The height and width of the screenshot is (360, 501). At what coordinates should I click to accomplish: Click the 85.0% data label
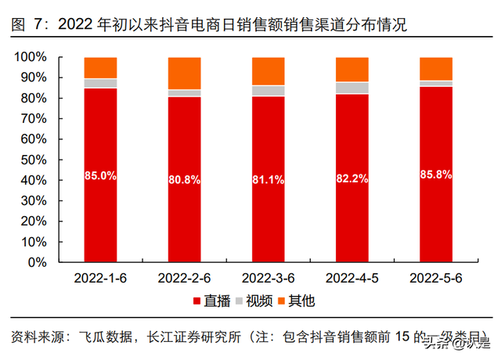(x=100, y=176)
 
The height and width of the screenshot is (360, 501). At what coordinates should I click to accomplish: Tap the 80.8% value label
(x=184, y=179)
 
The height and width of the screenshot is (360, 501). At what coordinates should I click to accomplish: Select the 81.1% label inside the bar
(x=268, y=179)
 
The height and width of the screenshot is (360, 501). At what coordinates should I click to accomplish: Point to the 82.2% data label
(x=351, y=178)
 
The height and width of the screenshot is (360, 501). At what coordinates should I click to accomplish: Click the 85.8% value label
(x=436, y=175)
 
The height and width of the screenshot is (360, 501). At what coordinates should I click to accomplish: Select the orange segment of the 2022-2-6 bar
(x=184, y=73)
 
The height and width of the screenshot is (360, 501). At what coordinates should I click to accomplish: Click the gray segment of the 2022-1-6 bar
(x=100, y=83)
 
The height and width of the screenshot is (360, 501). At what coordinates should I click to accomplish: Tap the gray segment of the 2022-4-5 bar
(x=351, y=88)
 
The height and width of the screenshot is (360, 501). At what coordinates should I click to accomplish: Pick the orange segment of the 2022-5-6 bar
(x=436, y=68)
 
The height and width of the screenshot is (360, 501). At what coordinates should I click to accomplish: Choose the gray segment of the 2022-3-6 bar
(x=268, y=91)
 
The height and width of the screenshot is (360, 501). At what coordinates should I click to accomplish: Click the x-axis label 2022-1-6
(x=100, y=278)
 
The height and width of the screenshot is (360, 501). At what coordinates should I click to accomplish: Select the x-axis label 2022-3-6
(x=268, y=278)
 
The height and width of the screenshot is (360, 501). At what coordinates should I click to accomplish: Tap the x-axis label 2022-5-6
(x=436, y=278)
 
